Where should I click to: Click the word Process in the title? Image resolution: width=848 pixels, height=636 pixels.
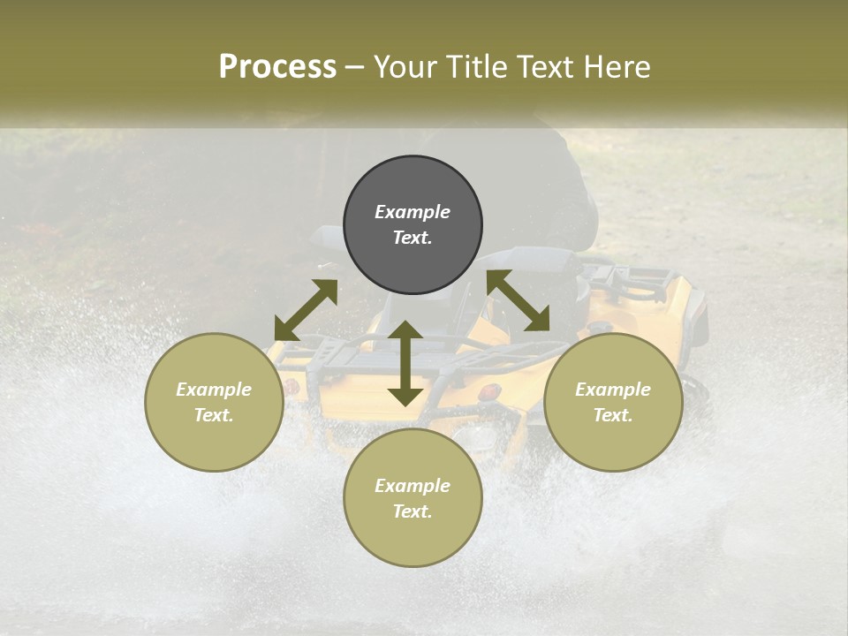point(277,67)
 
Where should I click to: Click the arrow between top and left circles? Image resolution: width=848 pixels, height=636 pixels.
point(306,310)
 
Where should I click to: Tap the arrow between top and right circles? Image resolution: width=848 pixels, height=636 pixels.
point(519,300)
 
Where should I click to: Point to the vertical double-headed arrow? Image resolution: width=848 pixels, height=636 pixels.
point(405,363)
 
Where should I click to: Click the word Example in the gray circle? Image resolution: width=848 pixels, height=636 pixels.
point(413,212)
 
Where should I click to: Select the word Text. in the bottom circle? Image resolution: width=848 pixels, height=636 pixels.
point(413,511)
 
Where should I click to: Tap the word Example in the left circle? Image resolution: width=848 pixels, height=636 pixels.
point(214,390)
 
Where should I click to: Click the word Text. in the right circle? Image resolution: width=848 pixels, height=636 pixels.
point(613,415)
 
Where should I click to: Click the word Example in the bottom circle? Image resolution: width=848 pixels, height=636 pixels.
point(413,486)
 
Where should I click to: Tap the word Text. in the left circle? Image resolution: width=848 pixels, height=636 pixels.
point(214,415)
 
